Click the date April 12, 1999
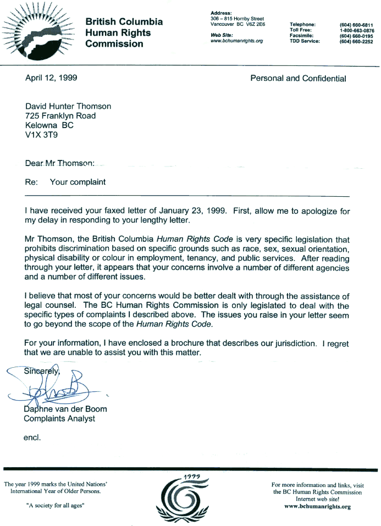coord(51,77)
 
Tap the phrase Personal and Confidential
coord(298,78)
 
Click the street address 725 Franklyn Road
coord(60,115)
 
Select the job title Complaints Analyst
coord(59,419)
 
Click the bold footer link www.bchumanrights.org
coord(317,506)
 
